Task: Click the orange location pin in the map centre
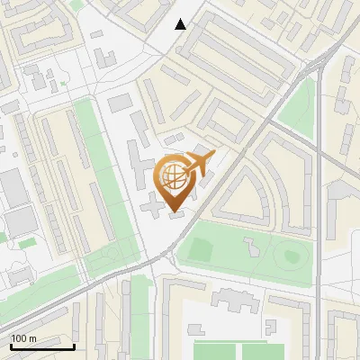[x=176, y=180]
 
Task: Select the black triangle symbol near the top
[x=181, y=24]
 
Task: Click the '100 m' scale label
[x=23, y=337]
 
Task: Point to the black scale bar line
[x=41, y=346]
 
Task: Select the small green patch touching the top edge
[x=77, y=4]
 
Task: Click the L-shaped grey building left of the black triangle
[x=104, y=56]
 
